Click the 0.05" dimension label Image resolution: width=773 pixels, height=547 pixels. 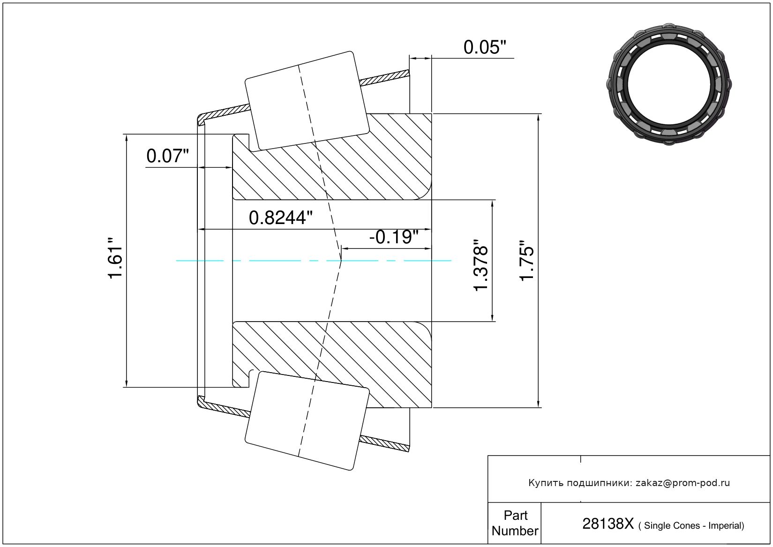[485, 47]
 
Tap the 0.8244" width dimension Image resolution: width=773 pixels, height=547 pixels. [280, 218]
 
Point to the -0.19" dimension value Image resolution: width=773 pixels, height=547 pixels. [394, 237]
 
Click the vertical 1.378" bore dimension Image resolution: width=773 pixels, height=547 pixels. [480, 265]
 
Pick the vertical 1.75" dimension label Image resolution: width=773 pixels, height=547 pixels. [527, 261]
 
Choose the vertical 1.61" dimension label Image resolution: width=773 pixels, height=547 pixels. [115, 258]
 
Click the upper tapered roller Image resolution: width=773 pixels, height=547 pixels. [307, 101]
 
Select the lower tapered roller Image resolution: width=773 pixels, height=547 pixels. [307, 421]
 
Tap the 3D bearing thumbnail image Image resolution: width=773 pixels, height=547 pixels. [669, 84]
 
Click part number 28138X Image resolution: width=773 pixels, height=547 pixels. [608, 524]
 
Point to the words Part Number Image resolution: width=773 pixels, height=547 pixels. [515, 523]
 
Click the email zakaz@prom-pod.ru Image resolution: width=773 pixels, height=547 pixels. [683, 483]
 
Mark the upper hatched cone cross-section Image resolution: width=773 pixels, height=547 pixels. [332, 157]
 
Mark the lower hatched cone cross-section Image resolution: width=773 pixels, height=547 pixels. [332, 365]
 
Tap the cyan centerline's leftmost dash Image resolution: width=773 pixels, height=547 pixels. [200, 261]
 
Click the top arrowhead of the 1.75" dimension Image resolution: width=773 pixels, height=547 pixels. [538, 117]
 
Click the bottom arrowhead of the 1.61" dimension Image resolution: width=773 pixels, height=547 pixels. [127, 383]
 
